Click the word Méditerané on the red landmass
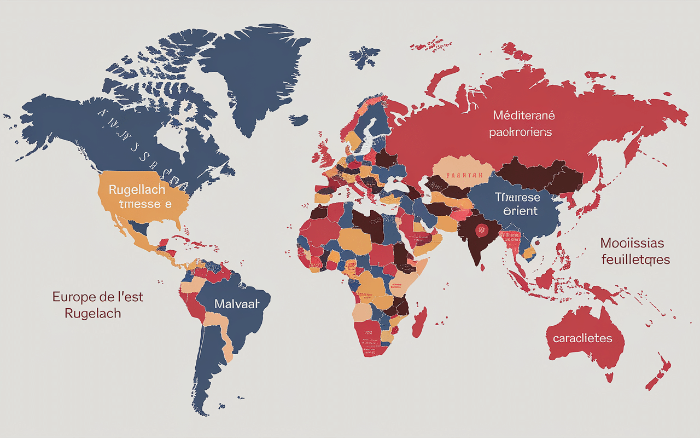[x=523, y=116]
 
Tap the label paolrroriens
[x=520, y=132]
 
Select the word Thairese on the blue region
[x=517, y=197]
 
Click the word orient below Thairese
[x=517, y=211]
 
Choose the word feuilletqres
[x=635, y=259]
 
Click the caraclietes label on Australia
[x=582, y=338]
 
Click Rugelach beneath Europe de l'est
[x=92, y=314]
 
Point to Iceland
[x=299, y=119]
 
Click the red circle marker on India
[x=481, y=230]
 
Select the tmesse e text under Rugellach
[x=141, y=205]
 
